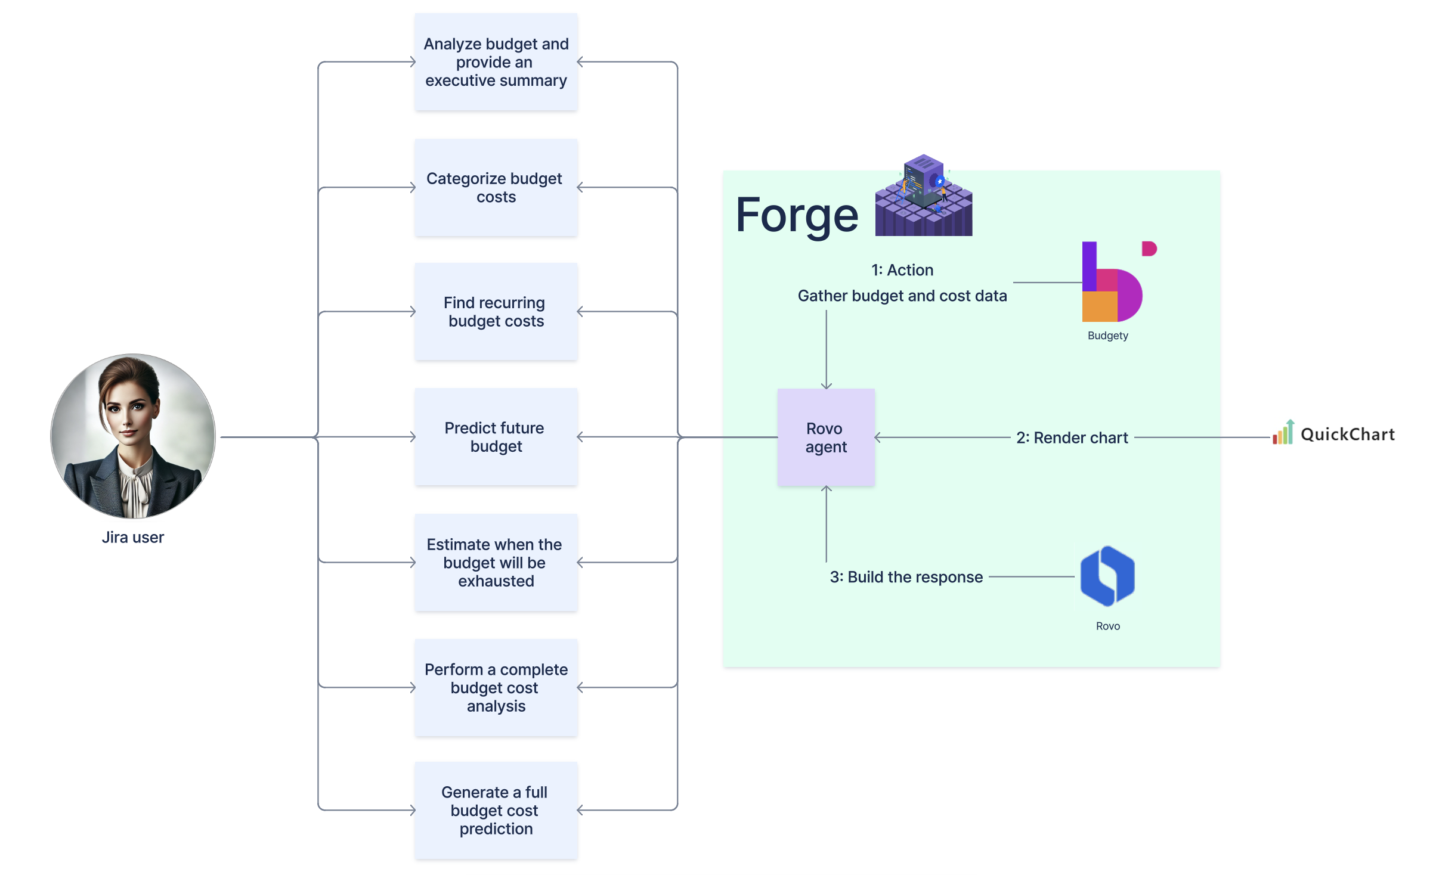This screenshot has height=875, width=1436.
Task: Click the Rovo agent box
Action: [x=826, y=437]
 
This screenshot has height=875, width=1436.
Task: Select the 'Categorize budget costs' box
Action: [x=496, y=188]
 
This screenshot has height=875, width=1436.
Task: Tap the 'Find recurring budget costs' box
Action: [x=496, y=312]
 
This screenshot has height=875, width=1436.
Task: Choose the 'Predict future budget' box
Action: [x=496, y=437]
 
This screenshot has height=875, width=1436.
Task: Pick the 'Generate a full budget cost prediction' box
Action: [x=496, y=810]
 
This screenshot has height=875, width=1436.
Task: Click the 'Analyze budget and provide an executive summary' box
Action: [x=496, y=62]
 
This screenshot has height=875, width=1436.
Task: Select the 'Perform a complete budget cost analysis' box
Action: [x=496, y=687]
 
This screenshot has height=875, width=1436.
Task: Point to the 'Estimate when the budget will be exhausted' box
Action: [x=496, y=562]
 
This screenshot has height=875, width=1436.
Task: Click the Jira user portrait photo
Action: [x=133, y=436]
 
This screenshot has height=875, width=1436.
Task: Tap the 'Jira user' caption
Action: [x=132, y=537]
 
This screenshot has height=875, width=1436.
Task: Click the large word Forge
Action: [x=797, y=215]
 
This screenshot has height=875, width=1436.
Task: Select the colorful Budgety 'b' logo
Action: [x=1113, y=282]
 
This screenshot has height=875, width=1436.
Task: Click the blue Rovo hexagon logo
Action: [x=1107, y=576]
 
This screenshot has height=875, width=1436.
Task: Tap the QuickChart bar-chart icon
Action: [x=1283, y=432]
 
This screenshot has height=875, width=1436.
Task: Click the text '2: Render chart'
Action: [x=1072, y=437]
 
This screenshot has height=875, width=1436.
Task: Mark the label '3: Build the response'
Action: [x=906, y=577]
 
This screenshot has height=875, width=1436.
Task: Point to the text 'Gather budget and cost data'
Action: [x=902, y=296]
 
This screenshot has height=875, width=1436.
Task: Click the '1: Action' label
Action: [x=902, y=270]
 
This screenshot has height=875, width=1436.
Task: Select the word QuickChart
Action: [x=1347, y=435]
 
